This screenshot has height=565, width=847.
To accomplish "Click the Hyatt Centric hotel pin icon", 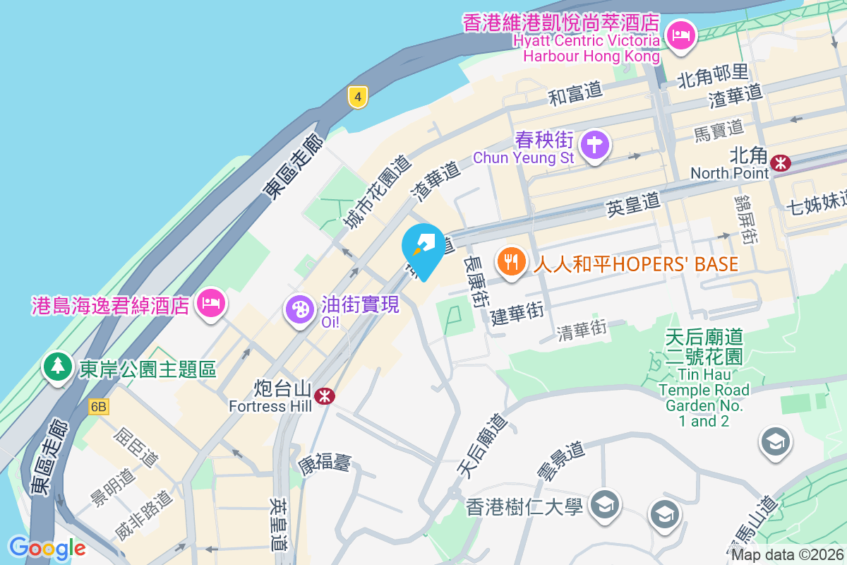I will tap(681, 34).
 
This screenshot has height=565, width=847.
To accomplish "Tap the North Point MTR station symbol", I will tap(781, 163).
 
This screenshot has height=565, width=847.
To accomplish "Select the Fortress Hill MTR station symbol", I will tap(325, 396).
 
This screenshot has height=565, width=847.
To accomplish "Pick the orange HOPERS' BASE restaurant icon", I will tap(512, 262).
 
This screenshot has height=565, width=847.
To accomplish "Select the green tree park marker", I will tap(57, 366).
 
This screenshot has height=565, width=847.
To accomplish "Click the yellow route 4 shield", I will tap(359, 97).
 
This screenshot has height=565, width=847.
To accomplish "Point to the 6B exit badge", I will tap(99, 407).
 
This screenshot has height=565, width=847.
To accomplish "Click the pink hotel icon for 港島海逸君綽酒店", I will tap(210, 304).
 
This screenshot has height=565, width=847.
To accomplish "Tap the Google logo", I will tap(47, 547).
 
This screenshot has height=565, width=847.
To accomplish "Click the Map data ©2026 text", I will tap(787, 555).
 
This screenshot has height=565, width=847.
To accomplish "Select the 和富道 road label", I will tap(576, 93).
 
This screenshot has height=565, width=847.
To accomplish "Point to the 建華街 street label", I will tap(517, 313).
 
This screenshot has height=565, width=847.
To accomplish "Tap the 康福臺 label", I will tap(324, 464).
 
